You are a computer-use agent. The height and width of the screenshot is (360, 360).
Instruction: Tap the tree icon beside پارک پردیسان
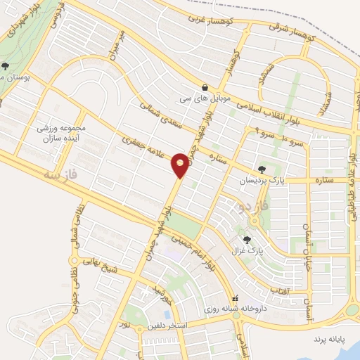[262, 169]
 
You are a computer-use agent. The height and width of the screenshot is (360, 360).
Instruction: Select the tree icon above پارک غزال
[245, 240]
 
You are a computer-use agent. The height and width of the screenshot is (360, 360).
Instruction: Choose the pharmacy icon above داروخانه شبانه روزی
[236, 297]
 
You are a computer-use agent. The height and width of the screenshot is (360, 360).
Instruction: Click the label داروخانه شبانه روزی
[233, 308]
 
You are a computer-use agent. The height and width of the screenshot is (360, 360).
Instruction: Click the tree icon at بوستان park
[5, 67]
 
